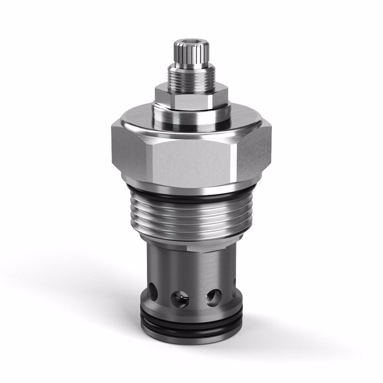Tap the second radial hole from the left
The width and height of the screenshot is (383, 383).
[179, 298]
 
